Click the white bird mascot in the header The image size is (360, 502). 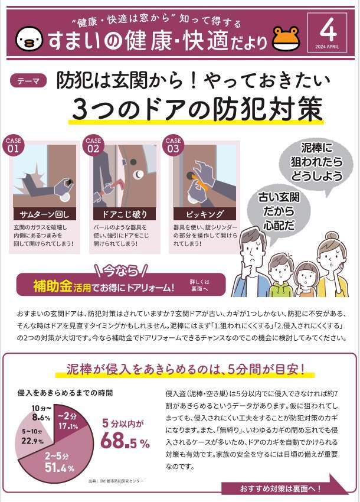pos(29,38)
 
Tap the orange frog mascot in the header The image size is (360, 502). pos(286,38)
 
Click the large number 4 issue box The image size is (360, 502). pos(327,32)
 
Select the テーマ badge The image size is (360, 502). pos(28,81)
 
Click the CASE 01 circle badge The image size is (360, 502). pos(13,145)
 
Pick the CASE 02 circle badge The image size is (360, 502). pos(93,145)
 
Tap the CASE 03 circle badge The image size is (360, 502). pos(173,145)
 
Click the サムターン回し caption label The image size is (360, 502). pos(44,214)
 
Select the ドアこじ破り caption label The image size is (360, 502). pos(125,214)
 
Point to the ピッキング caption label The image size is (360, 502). pos(205,214)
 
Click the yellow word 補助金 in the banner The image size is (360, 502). pos(53,286)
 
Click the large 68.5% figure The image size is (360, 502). pos(125,441)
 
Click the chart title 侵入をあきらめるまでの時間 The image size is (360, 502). pos(66,393)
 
